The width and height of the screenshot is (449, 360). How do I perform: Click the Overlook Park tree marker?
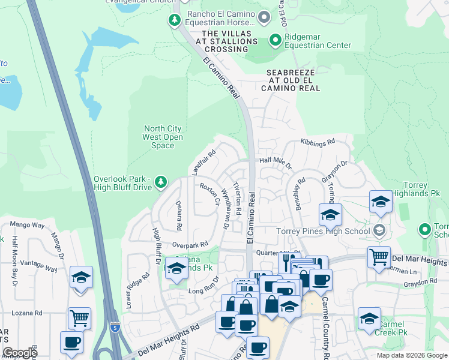(160, 181)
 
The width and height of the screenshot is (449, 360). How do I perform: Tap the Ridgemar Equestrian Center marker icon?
(276, 41)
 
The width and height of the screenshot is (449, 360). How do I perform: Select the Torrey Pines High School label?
(322, 231)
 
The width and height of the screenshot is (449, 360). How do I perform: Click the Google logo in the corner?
(20, 353)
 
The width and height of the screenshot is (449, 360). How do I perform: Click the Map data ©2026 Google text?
(411, 355)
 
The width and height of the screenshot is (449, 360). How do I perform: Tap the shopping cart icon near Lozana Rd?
(79, 318)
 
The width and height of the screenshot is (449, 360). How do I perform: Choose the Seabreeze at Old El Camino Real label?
(291, 80)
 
